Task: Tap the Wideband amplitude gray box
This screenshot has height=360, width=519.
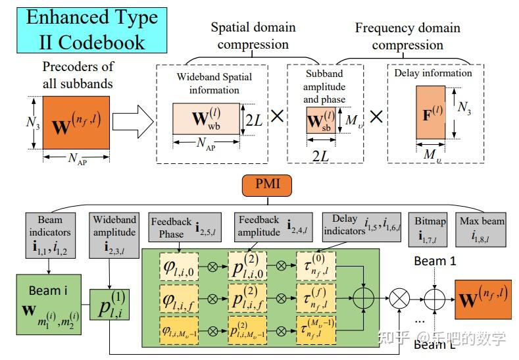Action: coord(114,233)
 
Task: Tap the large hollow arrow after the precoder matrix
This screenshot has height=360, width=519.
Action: coord(131,122)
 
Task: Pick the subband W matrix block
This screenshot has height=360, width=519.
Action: coord(321,122)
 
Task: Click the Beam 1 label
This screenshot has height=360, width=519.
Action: coord(434,261)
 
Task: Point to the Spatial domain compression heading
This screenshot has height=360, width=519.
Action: coord(253,36)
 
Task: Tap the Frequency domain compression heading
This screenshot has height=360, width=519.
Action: coord(407,36)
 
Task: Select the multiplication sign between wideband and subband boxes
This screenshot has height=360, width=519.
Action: coord(277,117)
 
